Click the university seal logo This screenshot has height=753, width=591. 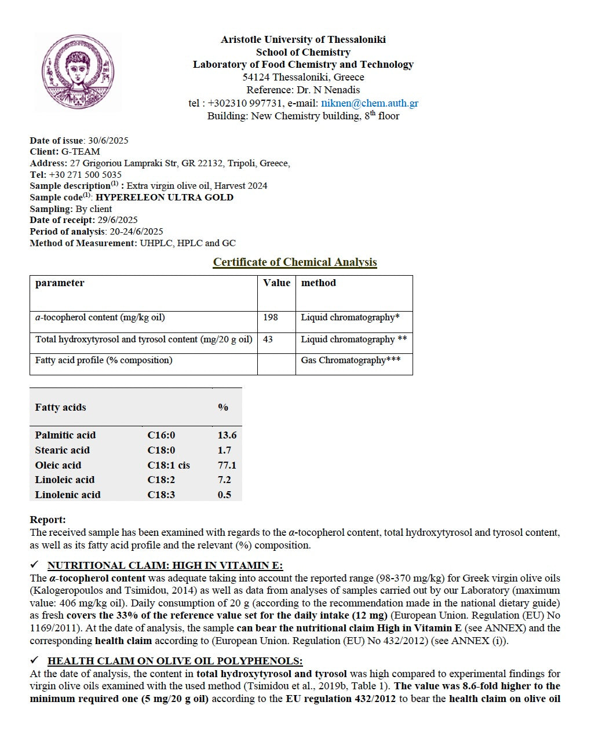tap(78, 72)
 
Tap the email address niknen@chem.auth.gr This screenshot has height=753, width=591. tap(370, 103)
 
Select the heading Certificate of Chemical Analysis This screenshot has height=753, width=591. tap(295, 262)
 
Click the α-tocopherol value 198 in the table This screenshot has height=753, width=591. tap(271, 317)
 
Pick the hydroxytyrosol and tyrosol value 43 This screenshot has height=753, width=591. tap(268, 339)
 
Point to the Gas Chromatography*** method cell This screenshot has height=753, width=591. tap(351, 360)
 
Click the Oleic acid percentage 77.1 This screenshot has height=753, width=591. tap(227, 465)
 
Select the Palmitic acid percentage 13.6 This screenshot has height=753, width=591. tap(227, 435)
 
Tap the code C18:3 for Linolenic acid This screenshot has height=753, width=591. tap(161, 495)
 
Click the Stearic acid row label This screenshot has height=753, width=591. tap(63, 450)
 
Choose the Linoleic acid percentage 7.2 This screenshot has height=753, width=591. tap(224, 480)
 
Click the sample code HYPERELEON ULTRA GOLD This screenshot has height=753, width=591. tap(165, 198)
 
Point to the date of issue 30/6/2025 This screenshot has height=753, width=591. tap(108, 141)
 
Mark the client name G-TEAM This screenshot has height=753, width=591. tap(81, 152)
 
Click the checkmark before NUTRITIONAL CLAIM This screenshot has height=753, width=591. tap(35, 565)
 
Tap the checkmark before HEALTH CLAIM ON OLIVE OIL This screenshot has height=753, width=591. tap(35, 660)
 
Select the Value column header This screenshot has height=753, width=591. tap(276, 283)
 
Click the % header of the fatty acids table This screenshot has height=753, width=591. tap(223, 407)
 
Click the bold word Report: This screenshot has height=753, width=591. tap(48, 520)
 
